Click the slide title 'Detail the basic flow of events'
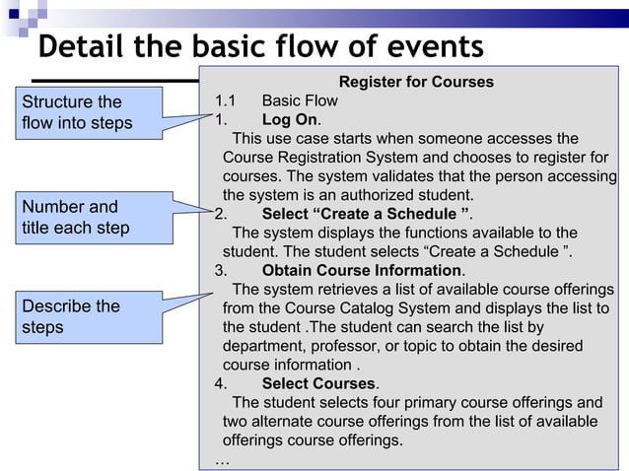pos(260,47)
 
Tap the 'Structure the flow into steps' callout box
pos(86,113)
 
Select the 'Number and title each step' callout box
pos(86,218)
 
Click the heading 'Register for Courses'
pos(416,82)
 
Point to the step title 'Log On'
pos(290,119)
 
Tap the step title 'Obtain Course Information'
pos(362,270)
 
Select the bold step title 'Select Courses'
pos(318,383)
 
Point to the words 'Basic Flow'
pos(300,101)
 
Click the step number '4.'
pos(222,383)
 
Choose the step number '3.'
pos(222,270)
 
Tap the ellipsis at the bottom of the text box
pos(222,459)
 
